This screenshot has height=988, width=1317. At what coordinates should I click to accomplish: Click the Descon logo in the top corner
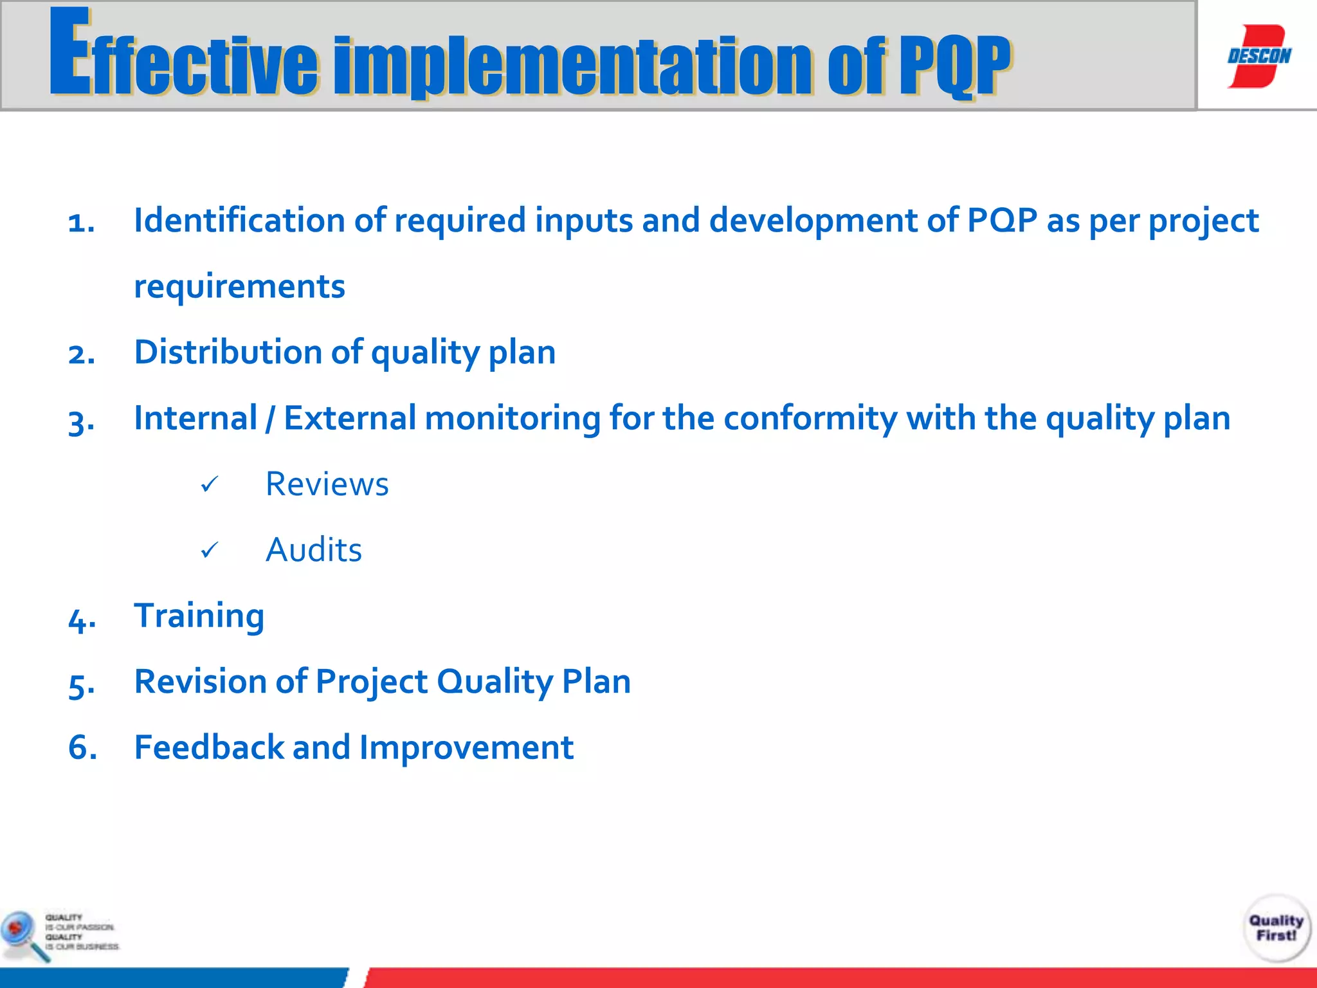coord(1258,56)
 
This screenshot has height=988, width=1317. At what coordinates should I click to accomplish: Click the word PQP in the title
coord(954,66)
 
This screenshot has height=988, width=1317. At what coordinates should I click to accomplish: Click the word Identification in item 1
coord(239,220)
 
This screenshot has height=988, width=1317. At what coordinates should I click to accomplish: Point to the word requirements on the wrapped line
coord(239,287)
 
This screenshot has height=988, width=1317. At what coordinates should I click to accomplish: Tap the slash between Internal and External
coord(270,419)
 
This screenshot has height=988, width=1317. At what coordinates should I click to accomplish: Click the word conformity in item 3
coord(810,419)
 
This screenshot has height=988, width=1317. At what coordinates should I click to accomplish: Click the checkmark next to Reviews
coord(210,484)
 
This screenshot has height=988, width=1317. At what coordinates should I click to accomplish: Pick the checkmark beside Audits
coord(210,551)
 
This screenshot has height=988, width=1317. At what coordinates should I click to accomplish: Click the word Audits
coord(314,550)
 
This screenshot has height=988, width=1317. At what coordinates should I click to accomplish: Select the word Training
coord(199,616)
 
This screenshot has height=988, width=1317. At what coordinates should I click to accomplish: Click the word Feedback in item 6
coord(209,747)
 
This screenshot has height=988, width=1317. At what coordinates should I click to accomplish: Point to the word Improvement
coord(466,747)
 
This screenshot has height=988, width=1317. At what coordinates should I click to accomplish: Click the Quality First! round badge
coord(1276,928)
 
